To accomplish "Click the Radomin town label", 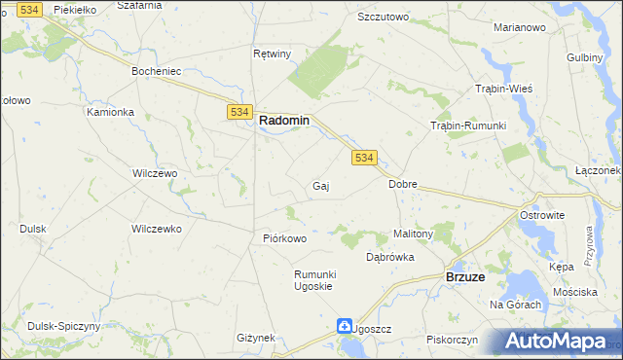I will point(284,121).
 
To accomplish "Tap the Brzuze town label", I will point(465,277).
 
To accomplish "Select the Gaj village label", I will point(319,186).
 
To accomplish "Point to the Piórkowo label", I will point(285,238).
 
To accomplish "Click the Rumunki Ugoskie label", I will point(314,280).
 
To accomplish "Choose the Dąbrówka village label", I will point(390,258).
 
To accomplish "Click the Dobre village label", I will point(402,184).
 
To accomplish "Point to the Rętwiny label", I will point(272,54).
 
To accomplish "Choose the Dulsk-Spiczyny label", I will point(55,326).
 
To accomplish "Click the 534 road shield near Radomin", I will point(240,113).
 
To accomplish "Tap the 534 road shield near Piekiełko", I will point(30,9).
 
